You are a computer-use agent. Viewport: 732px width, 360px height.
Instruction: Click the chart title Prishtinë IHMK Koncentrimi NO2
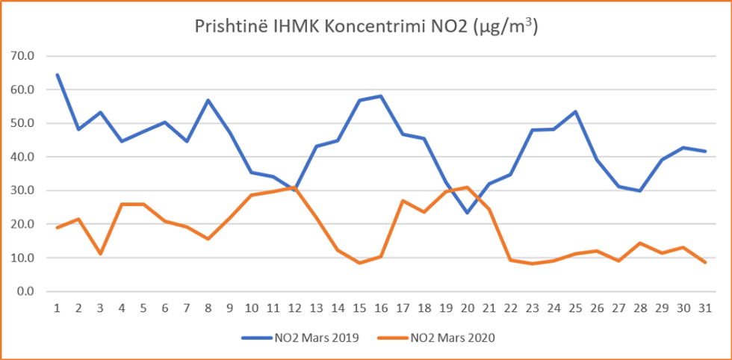[367, 27]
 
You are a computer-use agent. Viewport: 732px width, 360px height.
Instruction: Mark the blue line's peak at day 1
[57, 75]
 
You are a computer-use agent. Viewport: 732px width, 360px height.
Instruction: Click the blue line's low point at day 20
[466, 213]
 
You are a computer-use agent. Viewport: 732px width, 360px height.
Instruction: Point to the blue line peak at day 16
[380, 96]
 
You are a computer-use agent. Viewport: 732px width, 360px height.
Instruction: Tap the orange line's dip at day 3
[100, 254]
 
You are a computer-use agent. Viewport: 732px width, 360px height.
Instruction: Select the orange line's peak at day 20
[466, 187]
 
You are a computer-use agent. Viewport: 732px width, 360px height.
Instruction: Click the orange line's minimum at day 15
[359, 263]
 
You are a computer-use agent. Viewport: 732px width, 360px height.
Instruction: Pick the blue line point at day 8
[208, 100]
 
